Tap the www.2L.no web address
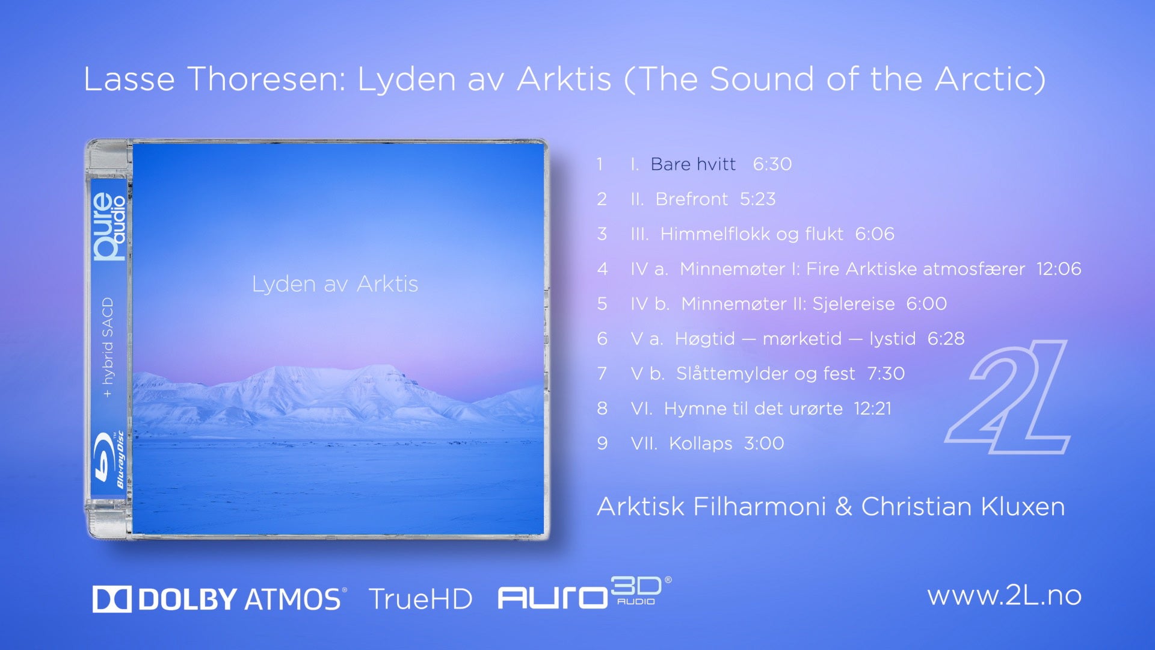pos(1005,595)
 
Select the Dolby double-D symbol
pos(112,599)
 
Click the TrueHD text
pos(420,599)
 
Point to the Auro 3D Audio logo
pos(584,593)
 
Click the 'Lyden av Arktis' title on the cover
pos(334,283)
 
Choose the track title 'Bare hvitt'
pos(693,164)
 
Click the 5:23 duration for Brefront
pos(758,199)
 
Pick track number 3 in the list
pos(602,234)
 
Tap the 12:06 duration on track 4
pos(1059,269)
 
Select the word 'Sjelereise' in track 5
pos(854,304)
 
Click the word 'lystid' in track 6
pos(892,339)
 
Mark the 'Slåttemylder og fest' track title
pos(766,374)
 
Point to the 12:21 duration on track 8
pos(873,409)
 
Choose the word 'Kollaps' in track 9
pos(701,444)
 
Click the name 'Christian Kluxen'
pos(963,507)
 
